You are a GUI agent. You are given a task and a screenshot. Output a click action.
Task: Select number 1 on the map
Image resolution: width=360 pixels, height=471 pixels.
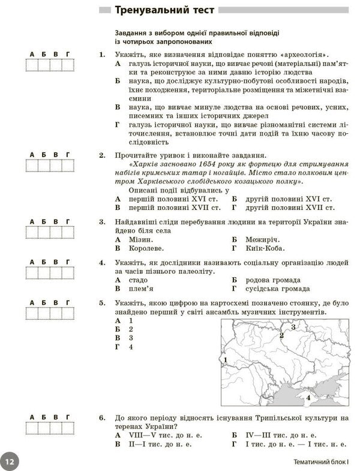225,360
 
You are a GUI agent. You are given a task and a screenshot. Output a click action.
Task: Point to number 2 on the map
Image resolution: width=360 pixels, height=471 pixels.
281,335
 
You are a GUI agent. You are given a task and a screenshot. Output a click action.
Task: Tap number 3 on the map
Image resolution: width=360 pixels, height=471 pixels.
293,327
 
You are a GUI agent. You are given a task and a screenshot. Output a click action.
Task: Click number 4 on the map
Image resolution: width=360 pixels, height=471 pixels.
308,397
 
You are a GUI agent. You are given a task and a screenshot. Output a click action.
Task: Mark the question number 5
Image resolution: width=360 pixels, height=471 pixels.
102,304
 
